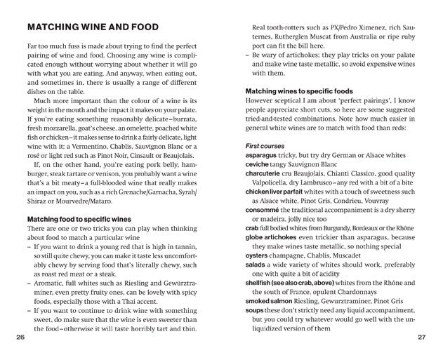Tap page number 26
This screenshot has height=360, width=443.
pos(20,338)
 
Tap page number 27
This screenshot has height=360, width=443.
pos(421,338)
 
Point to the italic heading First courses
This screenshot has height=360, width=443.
pos(264,145)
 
